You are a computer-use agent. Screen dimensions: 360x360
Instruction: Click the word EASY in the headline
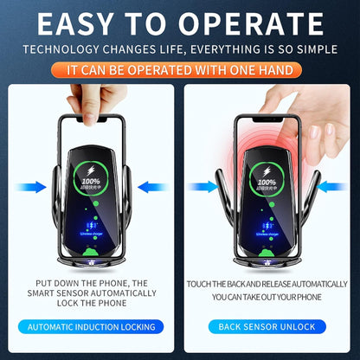coord(82,22)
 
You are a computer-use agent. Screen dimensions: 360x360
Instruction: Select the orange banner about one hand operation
coord(179,67)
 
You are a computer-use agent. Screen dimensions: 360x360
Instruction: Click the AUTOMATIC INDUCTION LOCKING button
coord(91,327)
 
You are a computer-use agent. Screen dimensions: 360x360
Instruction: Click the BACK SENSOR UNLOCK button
coord(267,327)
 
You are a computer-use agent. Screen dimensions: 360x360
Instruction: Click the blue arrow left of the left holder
coord(33,186)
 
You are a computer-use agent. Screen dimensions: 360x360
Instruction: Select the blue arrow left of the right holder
coord(204,186)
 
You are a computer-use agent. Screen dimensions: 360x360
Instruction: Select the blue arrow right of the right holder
coord(330,186)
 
